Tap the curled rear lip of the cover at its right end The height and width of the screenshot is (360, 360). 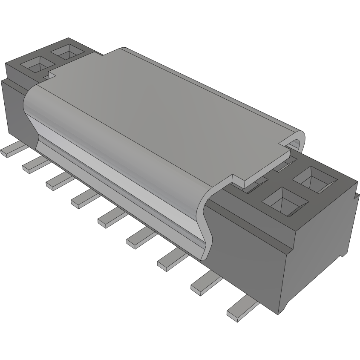298,141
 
